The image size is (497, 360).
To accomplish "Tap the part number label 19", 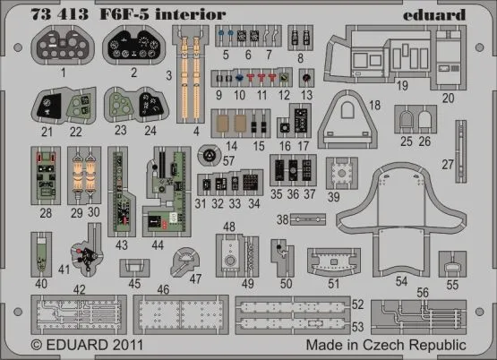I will (403, 85).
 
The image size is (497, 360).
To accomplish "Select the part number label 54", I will (401, 281).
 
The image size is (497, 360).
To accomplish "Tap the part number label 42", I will (81, 288).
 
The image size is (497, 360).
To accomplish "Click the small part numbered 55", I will (452, 266).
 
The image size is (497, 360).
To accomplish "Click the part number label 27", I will (472, 164).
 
